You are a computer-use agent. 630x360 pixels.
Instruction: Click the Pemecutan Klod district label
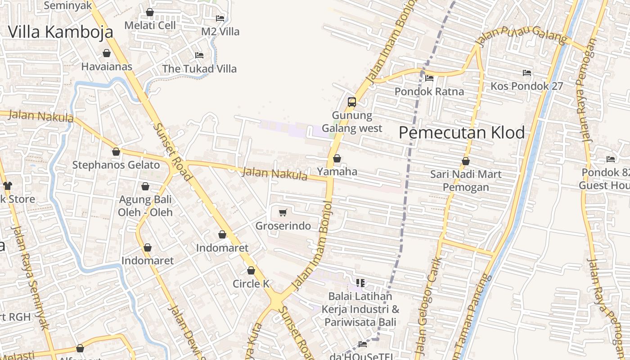pyautogui.click(x=462, y=132)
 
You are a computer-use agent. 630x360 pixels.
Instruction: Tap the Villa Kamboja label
pyautogui.click(x=61, y=31)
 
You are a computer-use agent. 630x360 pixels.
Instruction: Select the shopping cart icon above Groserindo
pyautogui.click(x=283, y=212)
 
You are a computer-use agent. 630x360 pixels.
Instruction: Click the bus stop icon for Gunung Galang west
pyautogui.click(x=352, y=102)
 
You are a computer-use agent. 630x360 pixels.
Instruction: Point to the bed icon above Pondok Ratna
pyautogui.click(x=429, y=78)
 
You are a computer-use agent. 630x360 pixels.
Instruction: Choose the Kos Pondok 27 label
pyautogui.click(x=526, y=86)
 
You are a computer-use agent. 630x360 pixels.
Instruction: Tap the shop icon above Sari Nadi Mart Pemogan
pyautogui.click(x=466, y=161)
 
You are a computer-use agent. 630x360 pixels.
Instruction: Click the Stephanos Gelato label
pyautogui.click(x=116, y=165)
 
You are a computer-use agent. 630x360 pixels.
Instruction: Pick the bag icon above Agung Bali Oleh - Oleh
pyautogui.click(x=145, y=186)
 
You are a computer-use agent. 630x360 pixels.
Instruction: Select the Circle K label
pyautogui.click(x=251, y=283)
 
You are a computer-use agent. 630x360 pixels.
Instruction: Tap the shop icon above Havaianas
pyautogui.click(x=107, y=54)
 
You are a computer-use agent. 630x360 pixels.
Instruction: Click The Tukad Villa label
pyautogui.click(x=199, y=69)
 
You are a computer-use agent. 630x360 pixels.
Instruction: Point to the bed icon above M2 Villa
pyautogui.click(x=220, y=18)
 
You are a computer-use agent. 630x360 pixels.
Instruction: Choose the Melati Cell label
pyautogui.click(x=150, y=25)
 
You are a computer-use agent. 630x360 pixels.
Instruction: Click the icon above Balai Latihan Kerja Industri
pyautogui.click(x=360, y=283)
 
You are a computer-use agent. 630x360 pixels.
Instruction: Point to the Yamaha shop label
pyautogui.click(x=337, y=171)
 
